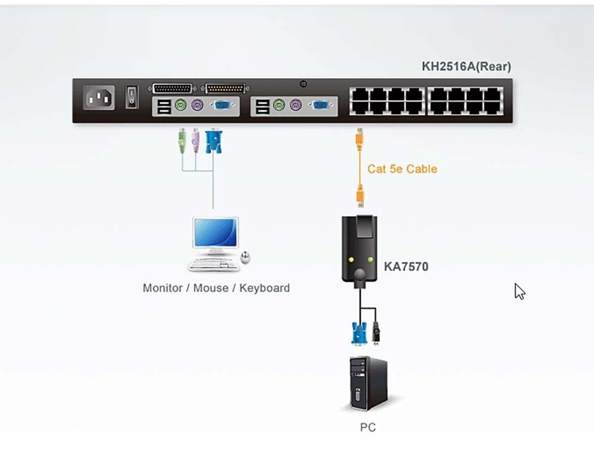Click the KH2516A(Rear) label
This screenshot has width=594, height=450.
pos(466,67)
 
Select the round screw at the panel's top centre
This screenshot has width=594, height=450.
pos(303,84)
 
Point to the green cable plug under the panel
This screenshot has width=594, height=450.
pos(182,141)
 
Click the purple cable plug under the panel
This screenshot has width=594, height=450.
pos(195,141)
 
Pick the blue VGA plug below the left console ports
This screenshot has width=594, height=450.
pos(213,141)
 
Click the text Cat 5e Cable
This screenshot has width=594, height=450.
pos(402,169)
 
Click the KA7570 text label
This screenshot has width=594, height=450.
pos(406,267)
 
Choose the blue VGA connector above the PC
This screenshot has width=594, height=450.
pos(357,333)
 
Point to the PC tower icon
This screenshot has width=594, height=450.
pos(368,383)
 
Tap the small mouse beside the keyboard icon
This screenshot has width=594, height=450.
pos(245,258)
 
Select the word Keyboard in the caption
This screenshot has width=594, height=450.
pos(265,288)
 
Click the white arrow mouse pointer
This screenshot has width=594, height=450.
pos(519,291)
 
